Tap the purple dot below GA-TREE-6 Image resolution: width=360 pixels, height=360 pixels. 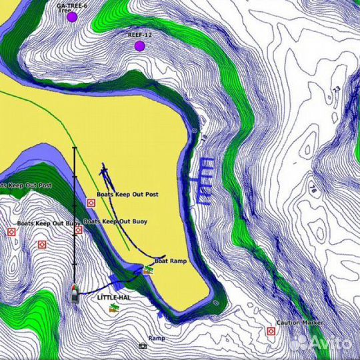pos(72,17)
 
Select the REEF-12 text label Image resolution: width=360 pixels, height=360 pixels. pos(139,33)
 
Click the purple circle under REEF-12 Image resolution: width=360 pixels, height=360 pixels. pos(139,46)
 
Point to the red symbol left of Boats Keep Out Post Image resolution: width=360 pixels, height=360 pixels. pos(91,203)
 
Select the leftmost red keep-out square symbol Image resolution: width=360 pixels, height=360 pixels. pos(11,232)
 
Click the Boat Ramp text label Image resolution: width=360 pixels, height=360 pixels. pos(171,261)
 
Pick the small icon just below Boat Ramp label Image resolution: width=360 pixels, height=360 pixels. pos(147,270)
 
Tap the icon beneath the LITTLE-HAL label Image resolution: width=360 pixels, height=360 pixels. pos(114,307)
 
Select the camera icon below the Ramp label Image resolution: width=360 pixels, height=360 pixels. pos(143,346)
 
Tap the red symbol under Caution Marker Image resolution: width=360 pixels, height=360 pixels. pos(271,331)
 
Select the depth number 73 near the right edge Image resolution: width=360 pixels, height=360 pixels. pos(335,89)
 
